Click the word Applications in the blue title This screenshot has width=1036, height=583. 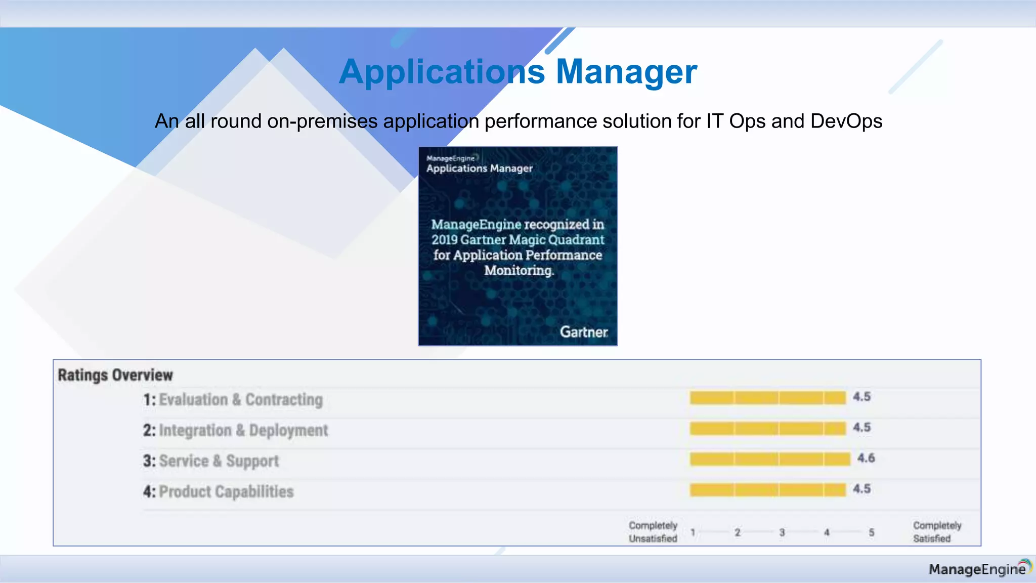click(x=442, y=72)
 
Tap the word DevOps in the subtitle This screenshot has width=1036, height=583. click(x=846, y=121)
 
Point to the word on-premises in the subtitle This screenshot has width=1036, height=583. click(x=322, y=121)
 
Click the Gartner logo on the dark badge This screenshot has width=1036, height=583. click(x=583, y=332)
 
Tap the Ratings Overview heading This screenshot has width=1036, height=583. click(x=115, y=375)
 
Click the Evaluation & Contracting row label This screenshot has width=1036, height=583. click(x=240, y=400)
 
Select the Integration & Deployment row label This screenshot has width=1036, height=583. click(x=243, y=431)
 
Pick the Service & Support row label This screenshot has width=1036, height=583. click(x=219, y=461)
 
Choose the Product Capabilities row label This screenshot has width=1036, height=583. click(x=226, y=492)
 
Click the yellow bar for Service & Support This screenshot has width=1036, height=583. click(x=769, y=459)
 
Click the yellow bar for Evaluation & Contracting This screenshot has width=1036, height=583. click(x=767, y=398)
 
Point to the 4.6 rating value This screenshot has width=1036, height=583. click(x=866, y=459)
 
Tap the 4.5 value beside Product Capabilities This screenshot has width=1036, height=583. click(x=861, y=489)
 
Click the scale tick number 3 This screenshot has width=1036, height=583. click(x=782, y=532)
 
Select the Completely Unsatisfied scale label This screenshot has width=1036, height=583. click(x=653, y=532)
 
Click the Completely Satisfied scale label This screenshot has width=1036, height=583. click(x=936, y=532)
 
